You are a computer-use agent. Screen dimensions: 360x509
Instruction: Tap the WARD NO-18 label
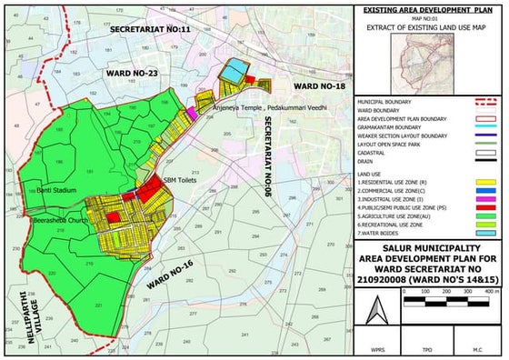(304, 85)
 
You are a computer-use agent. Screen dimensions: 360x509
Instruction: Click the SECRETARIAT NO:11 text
(150, 30)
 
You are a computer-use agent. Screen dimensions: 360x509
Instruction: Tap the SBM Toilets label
(178, 180)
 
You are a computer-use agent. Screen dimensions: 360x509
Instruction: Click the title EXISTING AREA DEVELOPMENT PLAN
(428, 8)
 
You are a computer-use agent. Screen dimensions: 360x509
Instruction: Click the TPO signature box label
(427, 348)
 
